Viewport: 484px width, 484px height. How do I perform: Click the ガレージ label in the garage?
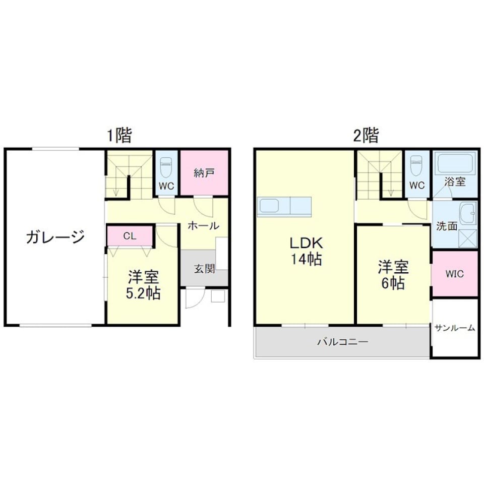click(55, 236)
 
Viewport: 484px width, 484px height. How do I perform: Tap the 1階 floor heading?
click(119, 135)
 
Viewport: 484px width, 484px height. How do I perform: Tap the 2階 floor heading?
click(366, 135)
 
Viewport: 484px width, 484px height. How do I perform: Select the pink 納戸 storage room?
click(204, 173)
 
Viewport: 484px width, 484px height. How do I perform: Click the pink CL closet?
click(130, 235)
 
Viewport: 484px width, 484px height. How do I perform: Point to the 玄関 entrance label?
click(205, 268)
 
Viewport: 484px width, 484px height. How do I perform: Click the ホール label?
click(203, 225)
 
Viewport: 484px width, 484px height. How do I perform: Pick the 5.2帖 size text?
click(143, 293)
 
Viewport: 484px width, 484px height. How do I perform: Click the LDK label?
click(306, 243)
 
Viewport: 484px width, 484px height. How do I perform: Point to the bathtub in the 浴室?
click(455, 163)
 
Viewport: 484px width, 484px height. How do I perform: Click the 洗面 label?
click(447, 226)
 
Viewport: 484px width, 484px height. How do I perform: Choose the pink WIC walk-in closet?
click(454, 274)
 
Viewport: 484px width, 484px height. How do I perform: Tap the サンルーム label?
click(454, 328)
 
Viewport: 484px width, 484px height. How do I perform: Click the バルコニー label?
click(342, 342)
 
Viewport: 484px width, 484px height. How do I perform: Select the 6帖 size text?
click(394, 283)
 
